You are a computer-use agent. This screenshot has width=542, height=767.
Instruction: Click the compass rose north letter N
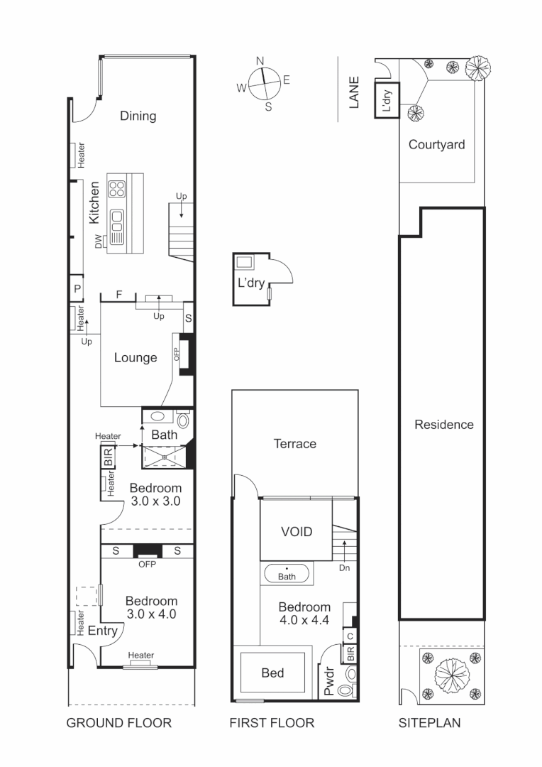pos(260,61)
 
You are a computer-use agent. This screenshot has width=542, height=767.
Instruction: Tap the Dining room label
pos(138,116)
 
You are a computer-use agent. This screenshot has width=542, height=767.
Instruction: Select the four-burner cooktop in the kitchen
pos(116,189)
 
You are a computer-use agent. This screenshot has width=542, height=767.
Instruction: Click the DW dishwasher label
pos(98,241)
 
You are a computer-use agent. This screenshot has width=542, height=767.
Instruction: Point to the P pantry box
pos(77,289)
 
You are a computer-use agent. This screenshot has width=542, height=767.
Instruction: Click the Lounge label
pos(135,357)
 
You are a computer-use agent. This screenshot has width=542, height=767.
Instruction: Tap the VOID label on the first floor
pos(296,531)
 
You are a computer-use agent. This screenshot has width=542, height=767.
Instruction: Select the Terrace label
pos(295,444)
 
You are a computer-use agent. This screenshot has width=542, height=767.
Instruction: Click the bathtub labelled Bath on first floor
pos(287,574)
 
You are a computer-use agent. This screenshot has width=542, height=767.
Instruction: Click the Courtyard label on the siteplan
pos(436,145)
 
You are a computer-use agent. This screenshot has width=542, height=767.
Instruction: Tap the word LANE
pos(355,92)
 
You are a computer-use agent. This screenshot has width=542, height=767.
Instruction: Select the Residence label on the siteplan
pos(443,425)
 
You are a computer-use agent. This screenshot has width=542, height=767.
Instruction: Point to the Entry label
pos(102,630)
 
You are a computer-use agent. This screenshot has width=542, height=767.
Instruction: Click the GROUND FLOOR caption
pos(118,723)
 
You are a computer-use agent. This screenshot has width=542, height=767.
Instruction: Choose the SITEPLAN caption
pos(429,723)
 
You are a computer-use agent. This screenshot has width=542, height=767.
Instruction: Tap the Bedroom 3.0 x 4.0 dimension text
pos(151,614)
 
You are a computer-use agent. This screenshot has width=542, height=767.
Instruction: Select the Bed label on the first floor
pos(272,673)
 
